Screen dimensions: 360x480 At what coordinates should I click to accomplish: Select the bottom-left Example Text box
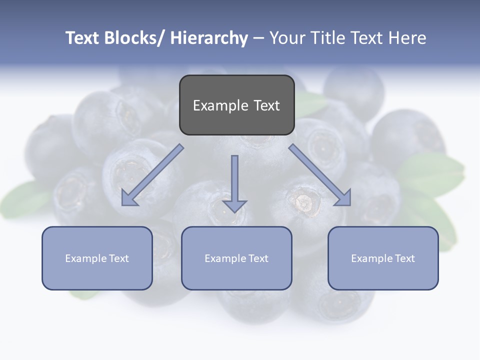pos(97,258)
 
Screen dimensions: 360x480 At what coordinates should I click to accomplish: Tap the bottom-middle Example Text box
pos(236,258)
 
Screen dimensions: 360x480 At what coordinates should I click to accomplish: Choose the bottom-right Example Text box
pos(383,258)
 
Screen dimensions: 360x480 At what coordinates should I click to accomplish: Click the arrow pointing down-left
pos(152,175)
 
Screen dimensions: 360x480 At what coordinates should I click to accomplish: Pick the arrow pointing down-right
pos(320,175)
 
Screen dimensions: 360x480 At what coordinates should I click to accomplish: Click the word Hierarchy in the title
pos(209,38)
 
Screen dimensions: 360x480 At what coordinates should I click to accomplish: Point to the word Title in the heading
pos(328,38)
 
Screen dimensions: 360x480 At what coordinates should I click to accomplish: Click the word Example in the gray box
pos(213,105)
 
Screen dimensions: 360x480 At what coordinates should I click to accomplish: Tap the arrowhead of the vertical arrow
pos(234,206)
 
